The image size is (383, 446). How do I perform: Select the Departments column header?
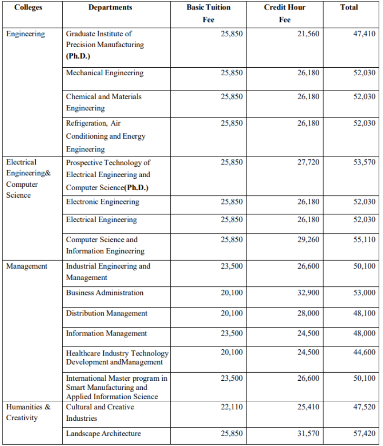pos(110,8)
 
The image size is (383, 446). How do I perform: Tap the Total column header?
pos(349,8)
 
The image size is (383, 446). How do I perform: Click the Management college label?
pos(27,266)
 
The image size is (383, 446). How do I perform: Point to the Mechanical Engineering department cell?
pos(105,73)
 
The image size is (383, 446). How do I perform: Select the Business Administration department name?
pos(105,293)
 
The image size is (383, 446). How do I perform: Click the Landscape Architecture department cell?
pos(103,433)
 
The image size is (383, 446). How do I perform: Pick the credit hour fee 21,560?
pos(308,34)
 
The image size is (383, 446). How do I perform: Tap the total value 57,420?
pos(364,433)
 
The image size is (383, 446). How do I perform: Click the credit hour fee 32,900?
pos(308,293)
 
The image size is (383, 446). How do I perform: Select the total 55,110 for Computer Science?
pos(364,240)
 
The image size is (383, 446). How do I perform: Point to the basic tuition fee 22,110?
pos(232,407)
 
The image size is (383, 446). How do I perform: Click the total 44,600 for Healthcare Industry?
pos(364,352)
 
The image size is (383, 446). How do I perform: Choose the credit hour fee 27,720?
pos(308,162)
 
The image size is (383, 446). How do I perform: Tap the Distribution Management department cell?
pos(107,313)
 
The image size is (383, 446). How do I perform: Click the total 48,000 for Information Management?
pos(364,333)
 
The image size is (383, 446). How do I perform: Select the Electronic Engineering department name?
pos(103,202)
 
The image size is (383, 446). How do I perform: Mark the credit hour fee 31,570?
pos(308,433)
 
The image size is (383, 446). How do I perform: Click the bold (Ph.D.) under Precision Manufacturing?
pos(78,56)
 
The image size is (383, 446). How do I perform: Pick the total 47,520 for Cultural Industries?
pos(364,407)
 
